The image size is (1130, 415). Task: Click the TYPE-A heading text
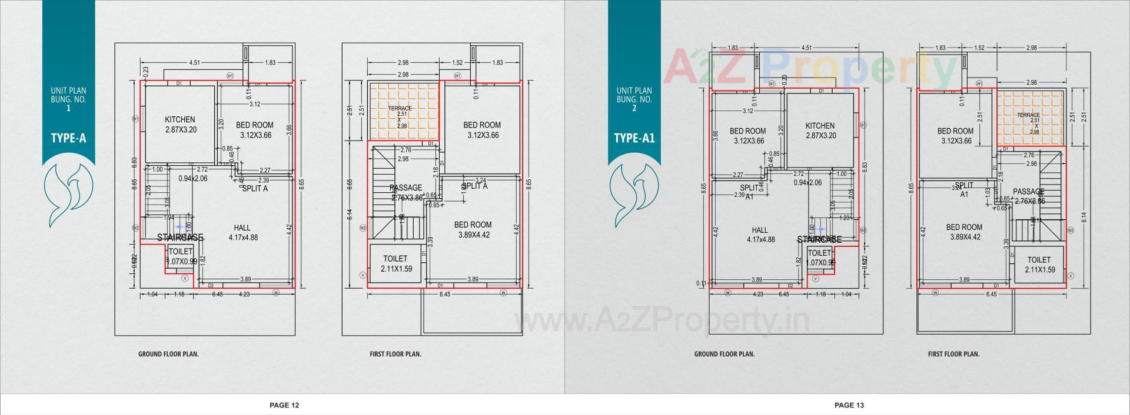(68, 139)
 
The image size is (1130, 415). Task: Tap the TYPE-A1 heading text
(634, 139)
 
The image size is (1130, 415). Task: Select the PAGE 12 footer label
(284, 405)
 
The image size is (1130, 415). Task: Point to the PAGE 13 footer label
(849, 405)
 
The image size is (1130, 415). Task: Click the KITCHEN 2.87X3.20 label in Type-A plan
(180, 124)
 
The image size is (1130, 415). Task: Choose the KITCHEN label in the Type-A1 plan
(820, 130)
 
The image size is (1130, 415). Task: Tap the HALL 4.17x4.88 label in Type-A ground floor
(242, 233)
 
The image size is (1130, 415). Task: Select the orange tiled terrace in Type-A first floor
(404, 112)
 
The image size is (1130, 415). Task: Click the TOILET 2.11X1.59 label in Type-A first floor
(395, 264)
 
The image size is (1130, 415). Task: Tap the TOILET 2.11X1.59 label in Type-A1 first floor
(1039, 265)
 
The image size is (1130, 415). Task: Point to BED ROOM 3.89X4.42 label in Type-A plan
(473, 230)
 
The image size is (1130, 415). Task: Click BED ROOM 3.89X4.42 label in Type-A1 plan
(964, 232)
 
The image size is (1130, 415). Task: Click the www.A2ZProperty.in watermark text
(662, 321)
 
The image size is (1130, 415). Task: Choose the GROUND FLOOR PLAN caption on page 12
(168, 354)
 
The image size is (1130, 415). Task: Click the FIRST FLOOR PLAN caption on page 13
(953, 354)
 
